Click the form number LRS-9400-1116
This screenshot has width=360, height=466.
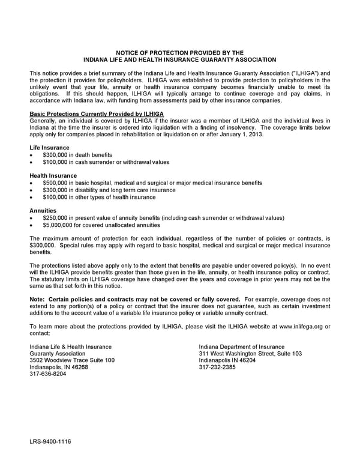coord(50,441)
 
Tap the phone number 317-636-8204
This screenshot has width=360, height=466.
coord(47,374)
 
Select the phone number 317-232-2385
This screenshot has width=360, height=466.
coord(217,367)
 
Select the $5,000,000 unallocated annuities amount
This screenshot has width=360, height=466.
coord(59,225)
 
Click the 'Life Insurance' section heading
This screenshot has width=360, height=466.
coord(49,148)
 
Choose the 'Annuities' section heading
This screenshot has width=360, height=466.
coord(43,211)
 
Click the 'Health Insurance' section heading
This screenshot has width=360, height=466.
coord(53,175)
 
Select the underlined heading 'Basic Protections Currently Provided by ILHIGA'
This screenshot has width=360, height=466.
coord(97,113)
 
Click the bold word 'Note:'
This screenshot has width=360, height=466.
coord(37,298)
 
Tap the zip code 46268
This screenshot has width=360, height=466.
coord(78,367)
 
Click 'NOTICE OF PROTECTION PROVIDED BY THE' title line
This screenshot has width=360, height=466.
coord(179,53)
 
